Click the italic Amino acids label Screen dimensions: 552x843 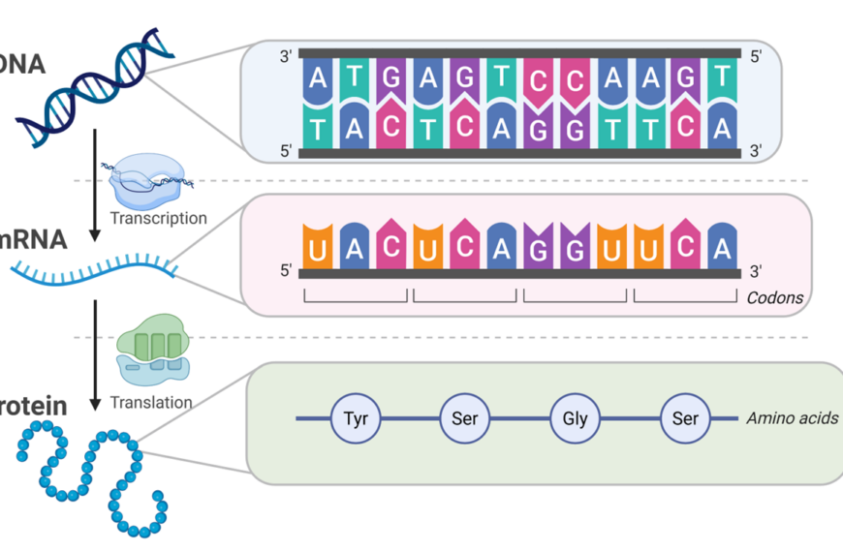coord(792,418)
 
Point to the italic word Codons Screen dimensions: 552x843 coord(774,297)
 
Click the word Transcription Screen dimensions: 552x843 coord(158,218)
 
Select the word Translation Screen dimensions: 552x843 coord(151,402)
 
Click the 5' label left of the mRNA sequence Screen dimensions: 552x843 coord(286,271)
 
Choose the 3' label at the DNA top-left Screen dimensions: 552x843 coord(286,57)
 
